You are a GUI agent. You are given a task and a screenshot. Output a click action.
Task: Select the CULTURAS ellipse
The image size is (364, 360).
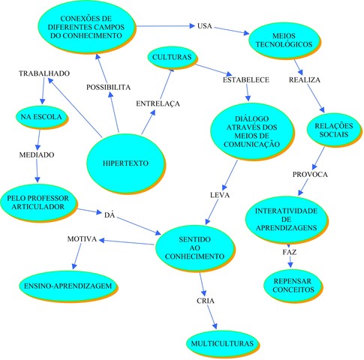coord(172,57)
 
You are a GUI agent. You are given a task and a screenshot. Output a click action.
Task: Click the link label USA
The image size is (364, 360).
coord(205,26)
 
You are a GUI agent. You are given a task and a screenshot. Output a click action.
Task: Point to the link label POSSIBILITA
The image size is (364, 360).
coord(107,87)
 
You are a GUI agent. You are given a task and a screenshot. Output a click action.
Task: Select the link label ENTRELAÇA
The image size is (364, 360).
coord(157,103)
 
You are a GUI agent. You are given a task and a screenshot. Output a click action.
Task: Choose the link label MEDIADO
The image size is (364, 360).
coord(35,155)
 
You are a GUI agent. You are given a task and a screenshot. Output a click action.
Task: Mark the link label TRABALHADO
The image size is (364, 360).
coord(45,73)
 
